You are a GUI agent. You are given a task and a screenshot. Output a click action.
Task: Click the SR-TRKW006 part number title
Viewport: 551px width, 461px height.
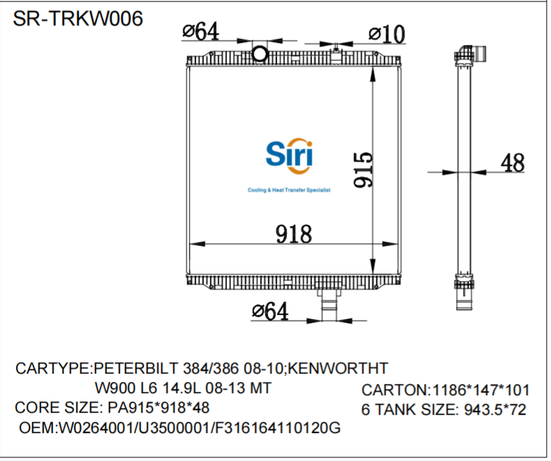[78, 18]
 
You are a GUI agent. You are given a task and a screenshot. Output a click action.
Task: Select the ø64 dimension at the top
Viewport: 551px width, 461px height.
[200, 31]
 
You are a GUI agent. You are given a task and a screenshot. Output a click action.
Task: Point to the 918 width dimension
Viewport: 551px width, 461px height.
[293, 234]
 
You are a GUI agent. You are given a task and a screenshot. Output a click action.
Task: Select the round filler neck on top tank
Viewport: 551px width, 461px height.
[260, 53]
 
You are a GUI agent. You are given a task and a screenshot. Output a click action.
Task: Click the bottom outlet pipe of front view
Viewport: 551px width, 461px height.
[327, 305]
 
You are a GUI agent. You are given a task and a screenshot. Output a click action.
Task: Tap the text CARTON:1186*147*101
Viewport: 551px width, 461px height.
[445, 390]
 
